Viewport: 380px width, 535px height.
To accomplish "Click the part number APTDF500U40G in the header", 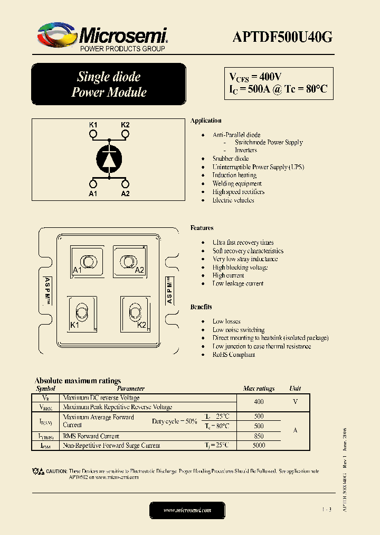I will pyautogui.click(x=282, y=36).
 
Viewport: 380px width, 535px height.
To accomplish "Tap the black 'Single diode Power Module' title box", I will pyautogui.click(x=109, y=84).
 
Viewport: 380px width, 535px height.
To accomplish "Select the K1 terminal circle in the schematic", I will pyautogui.click(x=93, y=134).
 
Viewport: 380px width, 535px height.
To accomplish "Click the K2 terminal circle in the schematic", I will pyautogui.click(x=125, y=134).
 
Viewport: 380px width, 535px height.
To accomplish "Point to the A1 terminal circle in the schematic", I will pyautogui.click(x=93, y=184).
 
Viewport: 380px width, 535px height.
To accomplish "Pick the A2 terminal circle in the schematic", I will pyautogui.click(x=125, y=184).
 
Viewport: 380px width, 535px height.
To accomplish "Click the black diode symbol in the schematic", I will pyautogui.click(x=109, y=159).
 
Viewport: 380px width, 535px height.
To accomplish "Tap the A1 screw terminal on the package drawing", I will pyautogui.click(x=87, y=261).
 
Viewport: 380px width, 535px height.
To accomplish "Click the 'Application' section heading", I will pyautogui.click(x=206, y=121).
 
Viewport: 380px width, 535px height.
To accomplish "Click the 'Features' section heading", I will pyautogui.click(x=202, y=228).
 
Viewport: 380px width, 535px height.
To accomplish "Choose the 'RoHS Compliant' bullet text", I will pyautogui.click(x=234, y=355).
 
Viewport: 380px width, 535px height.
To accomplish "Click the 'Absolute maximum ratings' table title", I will pyautogui.click(x=78, y=381).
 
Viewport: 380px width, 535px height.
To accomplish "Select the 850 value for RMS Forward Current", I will pyautogui.click(x=259, y=436).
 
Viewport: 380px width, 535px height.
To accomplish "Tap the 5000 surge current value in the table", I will pyautogui.click(x=259, y=446).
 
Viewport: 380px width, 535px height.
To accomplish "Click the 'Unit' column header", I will pyautogui.click(x=295, y=389).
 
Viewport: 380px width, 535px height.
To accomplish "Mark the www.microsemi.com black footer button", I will pyautogui.click(x=187, y=510).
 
